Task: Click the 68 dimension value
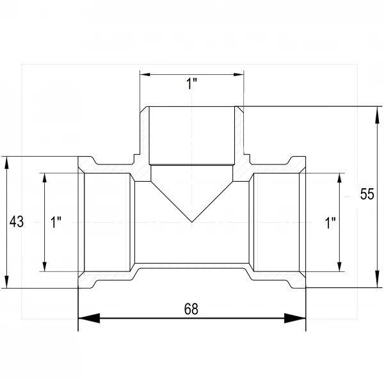pos(191,309)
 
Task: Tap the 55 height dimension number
pos(367,194)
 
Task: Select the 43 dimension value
pos(17,221)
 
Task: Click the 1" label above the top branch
pos(191,84)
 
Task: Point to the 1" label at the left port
pos(56,222)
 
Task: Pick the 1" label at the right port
pos(330,223)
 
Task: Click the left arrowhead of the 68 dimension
pos(89,318)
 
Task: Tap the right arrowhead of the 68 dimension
pos(295,318)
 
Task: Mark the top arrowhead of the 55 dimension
pos(377,115)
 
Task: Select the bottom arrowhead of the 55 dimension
pos(377,279)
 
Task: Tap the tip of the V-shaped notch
pos(192,222)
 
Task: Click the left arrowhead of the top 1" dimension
pos(145,74)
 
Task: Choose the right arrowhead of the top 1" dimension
pos(239,74)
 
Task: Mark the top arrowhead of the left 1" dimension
pos(45,178)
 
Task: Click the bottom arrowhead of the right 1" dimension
pos(339,267)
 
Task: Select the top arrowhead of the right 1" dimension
pos(339,178)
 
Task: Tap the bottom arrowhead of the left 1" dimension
pos(45,267)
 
